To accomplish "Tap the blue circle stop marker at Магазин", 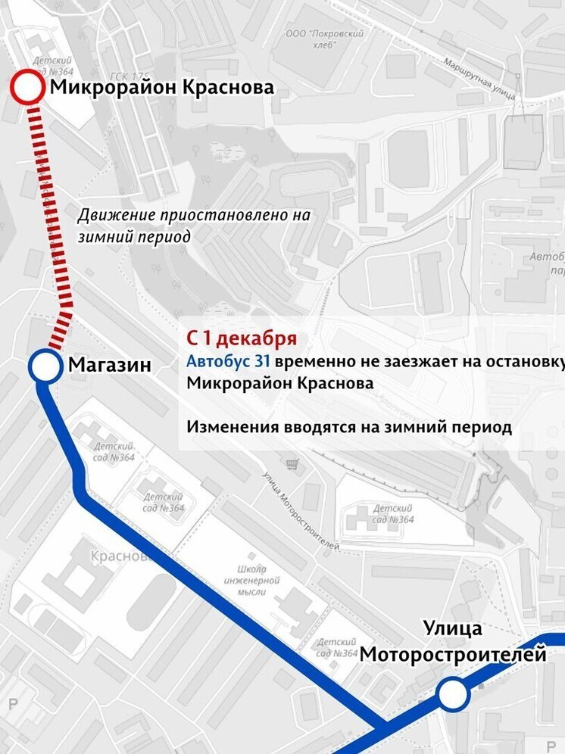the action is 45,367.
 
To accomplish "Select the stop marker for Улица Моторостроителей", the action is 452,694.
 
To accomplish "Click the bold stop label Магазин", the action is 110,365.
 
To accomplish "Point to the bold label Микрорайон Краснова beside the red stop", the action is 161,88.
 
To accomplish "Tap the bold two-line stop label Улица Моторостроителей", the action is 453,641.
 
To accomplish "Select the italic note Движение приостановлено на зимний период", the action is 194,226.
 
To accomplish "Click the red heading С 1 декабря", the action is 242,338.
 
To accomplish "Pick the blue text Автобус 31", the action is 228,361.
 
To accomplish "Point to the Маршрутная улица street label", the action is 479,79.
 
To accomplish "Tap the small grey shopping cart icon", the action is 291,463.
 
